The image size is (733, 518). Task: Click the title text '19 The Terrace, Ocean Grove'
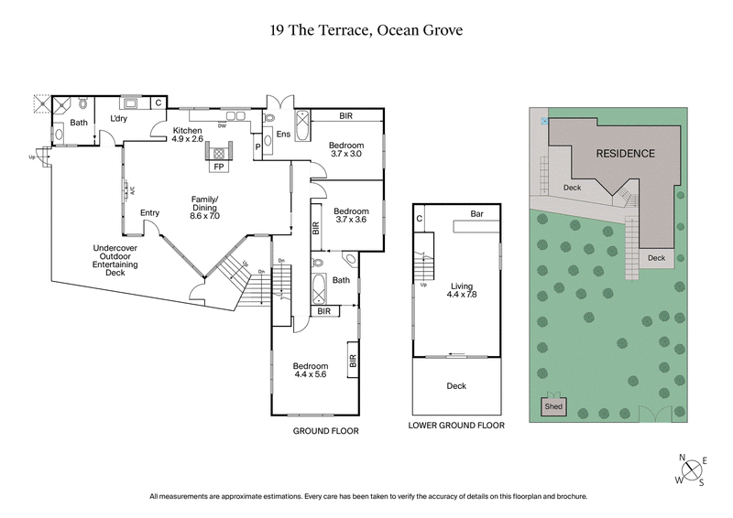pos(366,30)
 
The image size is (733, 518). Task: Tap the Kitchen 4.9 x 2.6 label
pos(188,135)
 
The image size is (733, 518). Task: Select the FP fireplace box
pos(219,167)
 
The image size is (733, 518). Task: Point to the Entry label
pos(149,213)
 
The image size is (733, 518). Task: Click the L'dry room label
pos(118,119)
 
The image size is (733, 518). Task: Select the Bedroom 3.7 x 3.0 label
pos(347,150)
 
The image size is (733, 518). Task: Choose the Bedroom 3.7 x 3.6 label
pos(351,214)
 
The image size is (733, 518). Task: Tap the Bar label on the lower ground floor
pos(476,214)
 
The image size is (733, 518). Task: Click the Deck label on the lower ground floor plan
pos(455,386)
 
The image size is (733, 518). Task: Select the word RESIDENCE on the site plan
pos(625,154)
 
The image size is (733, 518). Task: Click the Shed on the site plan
pos(554,406)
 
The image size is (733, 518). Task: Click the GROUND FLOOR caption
pos(325,430)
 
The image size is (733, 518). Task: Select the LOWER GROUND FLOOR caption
pos(456,426)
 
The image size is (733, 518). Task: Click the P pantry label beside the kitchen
pos(257,146)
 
